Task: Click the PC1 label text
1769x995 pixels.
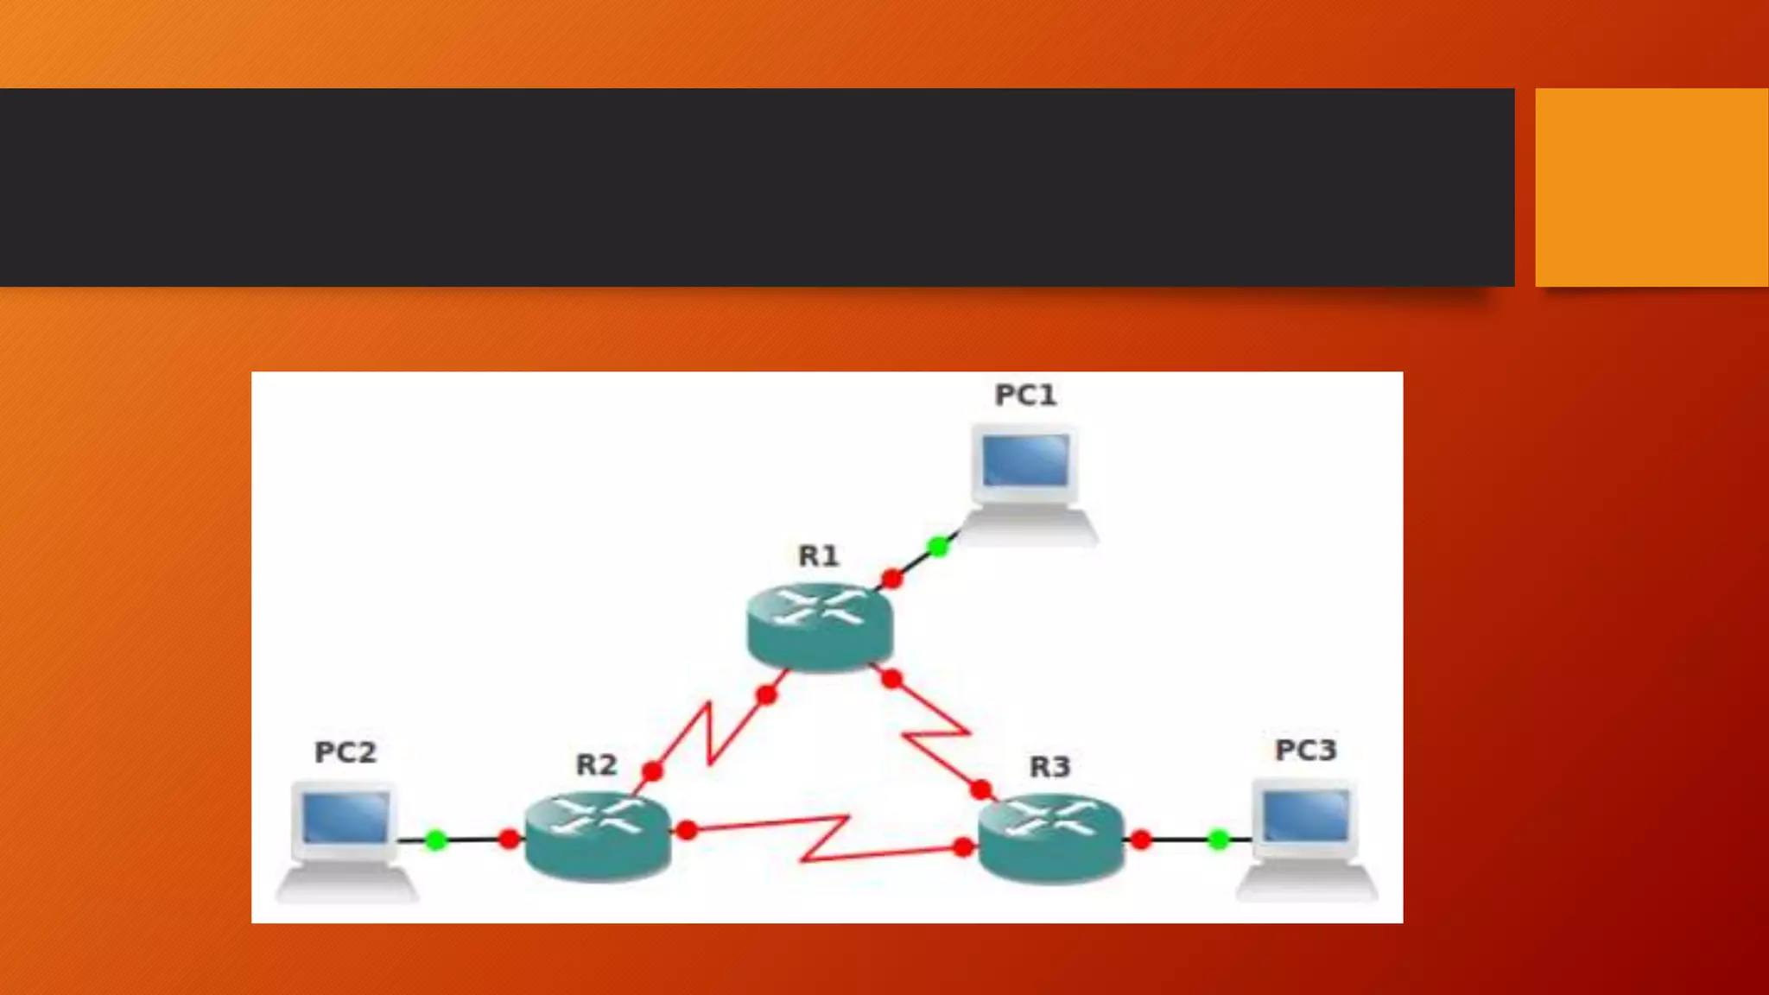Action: coord(1025,396)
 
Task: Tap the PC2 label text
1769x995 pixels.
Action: coord(346,752)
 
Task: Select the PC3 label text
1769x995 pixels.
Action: coord(1305,750)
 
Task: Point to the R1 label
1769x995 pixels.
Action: coord(818,555)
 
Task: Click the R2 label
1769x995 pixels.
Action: coord(596,764)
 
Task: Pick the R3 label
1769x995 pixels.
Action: coord(1049,766)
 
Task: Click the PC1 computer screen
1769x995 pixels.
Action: coord(1025,460)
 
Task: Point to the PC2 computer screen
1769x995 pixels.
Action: coord(346,817)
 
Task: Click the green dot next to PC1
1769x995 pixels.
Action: coord(938,546)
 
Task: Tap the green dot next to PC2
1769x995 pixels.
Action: coord(436,840)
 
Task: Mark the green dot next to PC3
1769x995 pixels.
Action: coord(1218,839)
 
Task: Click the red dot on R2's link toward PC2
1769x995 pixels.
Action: coord(510,839)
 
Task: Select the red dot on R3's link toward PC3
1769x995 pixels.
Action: coord(1141,839)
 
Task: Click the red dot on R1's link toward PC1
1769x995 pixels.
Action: coord(892,578)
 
